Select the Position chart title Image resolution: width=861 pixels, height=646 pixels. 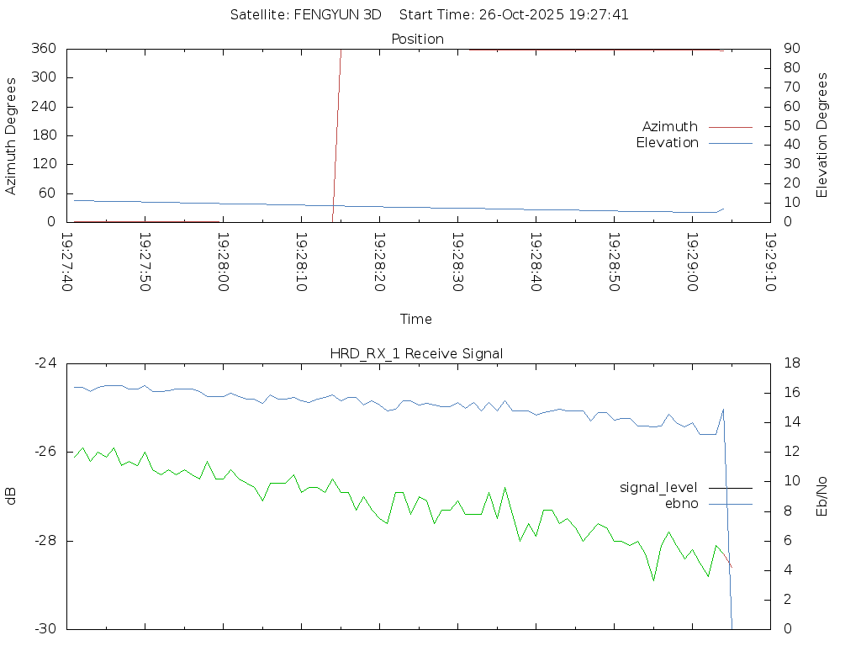pyautogui.click(x=417, y=39)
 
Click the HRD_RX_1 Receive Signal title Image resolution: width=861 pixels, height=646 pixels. pyautogui.click(x=417, y=353)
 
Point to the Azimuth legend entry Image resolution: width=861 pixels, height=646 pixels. pyautogui.click(x=670, y=126)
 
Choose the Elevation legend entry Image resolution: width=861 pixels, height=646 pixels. pyautogui.click(x=668, y=143)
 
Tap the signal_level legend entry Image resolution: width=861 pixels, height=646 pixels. pyautogui.click(x=658, y=487)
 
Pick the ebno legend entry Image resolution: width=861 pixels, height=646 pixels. pyautogui.click(x=682, y=503)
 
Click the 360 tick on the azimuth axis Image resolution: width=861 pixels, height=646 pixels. pyautogui.click(x=45, y=49)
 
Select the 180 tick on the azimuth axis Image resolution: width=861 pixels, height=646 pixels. pyautogui.click(x=45, y=135)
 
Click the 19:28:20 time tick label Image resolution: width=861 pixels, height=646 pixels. pyautogui.click(x=379, y=262)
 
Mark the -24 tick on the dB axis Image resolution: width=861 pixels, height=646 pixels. pyautogui.click(x=45, y=363)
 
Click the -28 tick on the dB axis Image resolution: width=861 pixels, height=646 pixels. pyautogui.click(x=45, y=541)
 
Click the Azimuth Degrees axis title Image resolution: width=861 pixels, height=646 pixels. pyautogui.click(x=12, y=135)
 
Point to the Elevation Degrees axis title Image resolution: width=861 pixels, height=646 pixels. pyautogui.click(x=822, y=135)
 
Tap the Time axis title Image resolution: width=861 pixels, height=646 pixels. pyautogui.click(x=416, y=320)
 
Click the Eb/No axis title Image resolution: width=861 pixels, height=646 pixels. pyautogui.click(x=822, y=496)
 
